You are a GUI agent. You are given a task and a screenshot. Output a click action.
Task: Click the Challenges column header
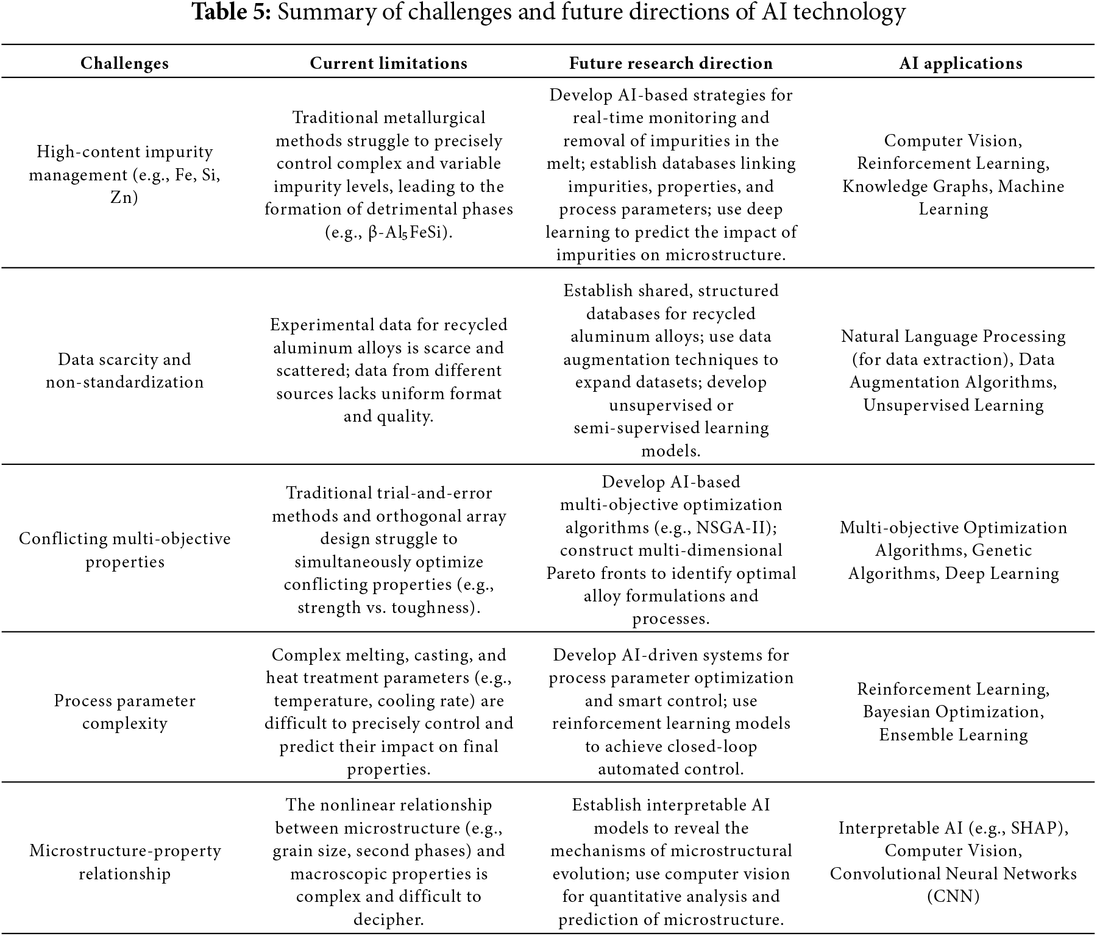click(x=124, y=63)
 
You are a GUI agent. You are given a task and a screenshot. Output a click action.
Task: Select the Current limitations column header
click(x=388, y=63)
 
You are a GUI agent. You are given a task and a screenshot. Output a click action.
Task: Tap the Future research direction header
click(x=670, y=63)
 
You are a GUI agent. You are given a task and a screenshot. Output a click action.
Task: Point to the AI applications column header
click(x=960, y=63)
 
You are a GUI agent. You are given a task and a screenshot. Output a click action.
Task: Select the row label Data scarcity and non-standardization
click(x=124, y=370)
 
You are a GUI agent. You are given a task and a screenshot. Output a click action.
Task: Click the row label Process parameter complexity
click(x=124, y=712)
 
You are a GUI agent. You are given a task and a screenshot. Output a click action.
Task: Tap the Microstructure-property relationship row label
click(x=124, y=862)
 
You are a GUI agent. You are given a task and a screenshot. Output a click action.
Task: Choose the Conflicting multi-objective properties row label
click(x=124, y=550)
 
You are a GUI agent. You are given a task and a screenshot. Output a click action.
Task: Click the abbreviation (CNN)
click(x=953, y=896)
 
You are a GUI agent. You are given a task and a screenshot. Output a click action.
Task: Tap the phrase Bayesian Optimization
click(x=953, y=712)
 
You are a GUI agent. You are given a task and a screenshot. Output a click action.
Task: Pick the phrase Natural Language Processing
click(x=953, y=336)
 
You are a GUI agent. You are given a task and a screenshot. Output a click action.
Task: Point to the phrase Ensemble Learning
click(x=953, y=735)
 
